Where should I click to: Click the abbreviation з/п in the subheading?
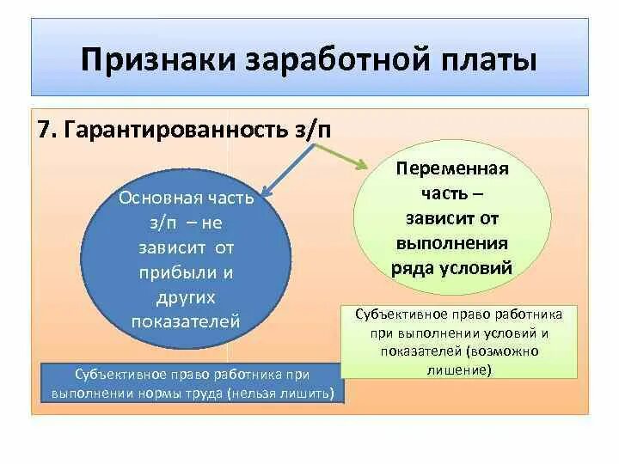click(314, 131)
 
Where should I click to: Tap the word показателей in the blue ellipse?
click(186, 321)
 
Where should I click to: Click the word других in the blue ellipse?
click(186, 296)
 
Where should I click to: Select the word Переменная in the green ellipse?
click(452, 168)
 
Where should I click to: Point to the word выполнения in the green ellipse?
click(452, 242)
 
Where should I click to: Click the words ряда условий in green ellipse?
click(452, 267)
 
